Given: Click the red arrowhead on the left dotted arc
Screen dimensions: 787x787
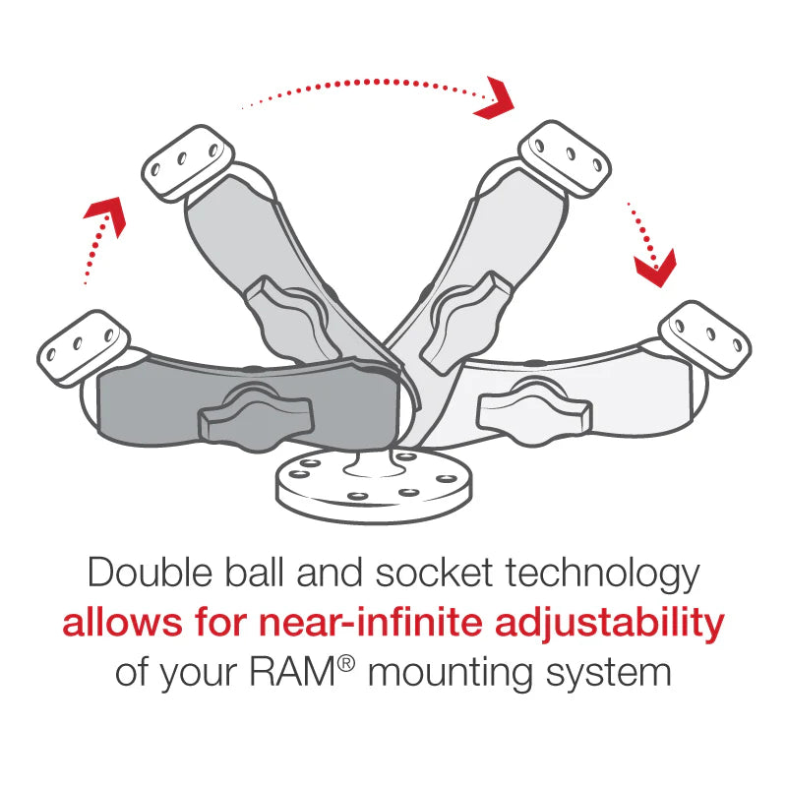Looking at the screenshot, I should (x=107, y=213).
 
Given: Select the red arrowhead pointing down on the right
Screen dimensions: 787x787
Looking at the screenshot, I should (x=654, y=269).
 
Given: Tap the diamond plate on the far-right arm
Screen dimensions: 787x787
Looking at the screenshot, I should (x=705, y=336).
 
